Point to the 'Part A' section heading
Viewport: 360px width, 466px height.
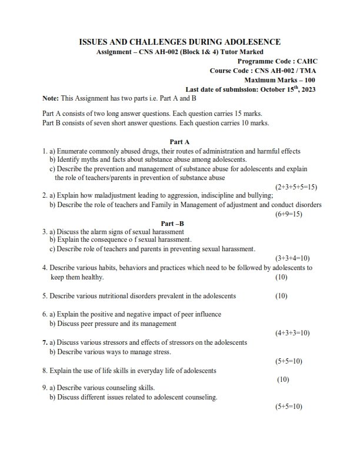tap(179, 142)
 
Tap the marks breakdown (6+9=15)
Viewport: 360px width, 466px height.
tap(288, 214)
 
